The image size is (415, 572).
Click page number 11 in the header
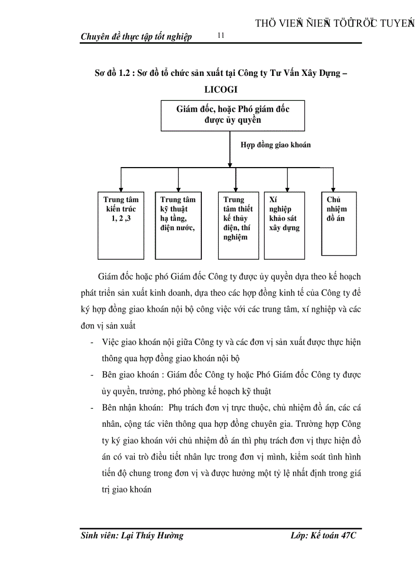coord(220,35)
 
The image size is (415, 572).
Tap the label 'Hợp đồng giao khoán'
coord(275,145)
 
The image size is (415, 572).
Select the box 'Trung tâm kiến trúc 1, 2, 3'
coord(121,225)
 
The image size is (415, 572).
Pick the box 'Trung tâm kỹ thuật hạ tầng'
coord(178,225)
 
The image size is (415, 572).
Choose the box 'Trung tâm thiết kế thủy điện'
coord(238,225)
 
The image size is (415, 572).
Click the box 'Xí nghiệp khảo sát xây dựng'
coord(284,225)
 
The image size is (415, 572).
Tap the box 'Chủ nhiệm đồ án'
coord(339,223)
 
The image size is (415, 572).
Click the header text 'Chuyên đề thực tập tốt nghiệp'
coord(136,37)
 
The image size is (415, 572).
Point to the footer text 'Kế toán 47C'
coord(334,535)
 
